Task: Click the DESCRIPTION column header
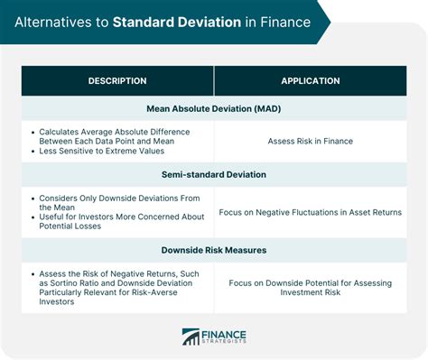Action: pos(117,81)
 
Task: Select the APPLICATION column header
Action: pos(311,81)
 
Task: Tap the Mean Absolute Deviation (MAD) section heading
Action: pos(214,108)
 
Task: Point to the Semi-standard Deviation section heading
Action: pos(214,174)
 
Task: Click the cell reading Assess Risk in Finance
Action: pos(311,141)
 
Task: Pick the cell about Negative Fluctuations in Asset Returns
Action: pos(311,213)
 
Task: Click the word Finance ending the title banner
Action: pos(284,21)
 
